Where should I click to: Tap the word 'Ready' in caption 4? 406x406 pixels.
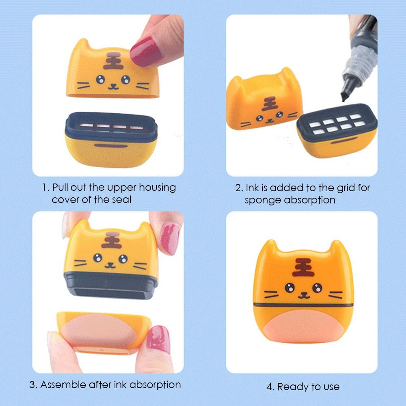point(292,387)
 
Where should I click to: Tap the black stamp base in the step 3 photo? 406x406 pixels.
point(110,286)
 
